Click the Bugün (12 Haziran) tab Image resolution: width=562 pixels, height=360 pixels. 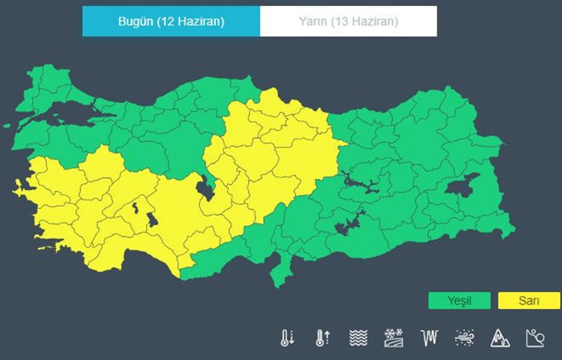pos(171,21)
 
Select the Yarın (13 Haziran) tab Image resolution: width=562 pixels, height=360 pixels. pos(348,21)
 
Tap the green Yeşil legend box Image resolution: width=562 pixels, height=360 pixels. pos(459,300)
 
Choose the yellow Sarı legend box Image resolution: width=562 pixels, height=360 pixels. pos(529,300)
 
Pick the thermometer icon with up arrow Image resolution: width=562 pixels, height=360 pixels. pos(323,338)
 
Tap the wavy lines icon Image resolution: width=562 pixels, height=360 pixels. pos(358,338)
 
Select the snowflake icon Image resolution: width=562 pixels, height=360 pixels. pos(393,338)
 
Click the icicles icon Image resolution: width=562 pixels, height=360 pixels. pos(428,338)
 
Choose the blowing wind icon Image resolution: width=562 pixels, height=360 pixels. pos(464,338)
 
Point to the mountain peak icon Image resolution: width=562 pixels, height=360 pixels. pos(500,338)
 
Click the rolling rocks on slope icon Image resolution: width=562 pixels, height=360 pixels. pos(535,338)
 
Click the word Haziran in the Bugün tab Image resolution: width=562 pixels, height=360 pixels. pos(202,21)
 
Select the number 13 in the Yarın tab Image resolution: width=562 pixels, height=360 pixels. pos(340,21)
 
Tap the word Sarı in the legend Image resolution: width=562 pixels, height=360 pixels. pos(529,300)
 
